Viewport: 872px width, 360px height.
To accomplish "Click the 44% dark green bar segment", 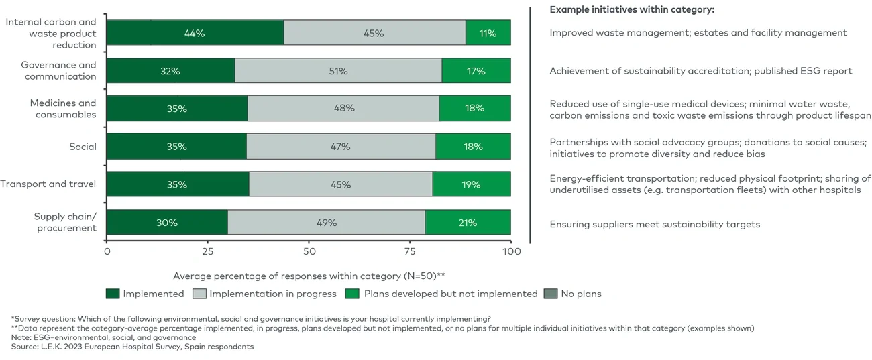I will pos(195,33).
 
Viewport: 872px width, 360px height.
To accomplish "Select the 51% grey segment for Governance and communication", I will pos(338,71).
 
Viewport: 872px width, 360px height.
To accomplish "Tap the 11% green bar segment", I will pos(488,33).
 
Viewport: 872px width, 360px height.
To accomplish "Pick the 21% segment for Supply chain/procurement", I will pos(468,223).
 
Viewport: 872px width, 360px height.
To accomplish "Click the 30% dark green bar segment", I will pos(167,223).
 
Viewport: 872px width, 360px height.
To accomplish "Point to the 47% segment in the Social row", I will pos(341,147).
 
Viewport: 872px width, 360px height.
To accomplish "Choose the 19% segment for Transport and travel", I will pos(471,184).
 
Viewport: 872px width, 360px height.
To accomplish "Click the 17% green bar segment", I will pos(476,71).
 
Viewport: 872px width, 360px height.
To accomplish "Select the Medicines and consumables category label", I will pos(63,109).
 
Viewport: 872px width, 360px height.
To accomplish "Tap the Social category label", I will pos(83,147).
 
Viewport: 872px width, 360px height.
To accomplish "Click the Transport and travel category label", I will pos(48,184).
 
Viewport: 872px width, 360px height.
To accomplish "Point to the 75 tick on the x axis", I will pos(410,252).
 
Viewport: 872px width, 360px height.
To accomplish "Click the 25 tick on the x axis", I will pos(208,252).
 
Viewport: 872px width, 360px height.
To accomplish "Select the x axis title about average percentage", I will pos(309,276).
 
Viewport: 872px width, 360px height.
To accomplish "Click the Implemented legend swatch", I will pos(112,294).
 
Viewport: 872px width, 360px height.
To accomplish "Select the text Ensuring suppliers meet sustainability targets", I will pos(655,224).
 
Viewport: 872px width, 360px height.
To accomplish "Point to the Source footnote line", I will pos(132,347).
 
